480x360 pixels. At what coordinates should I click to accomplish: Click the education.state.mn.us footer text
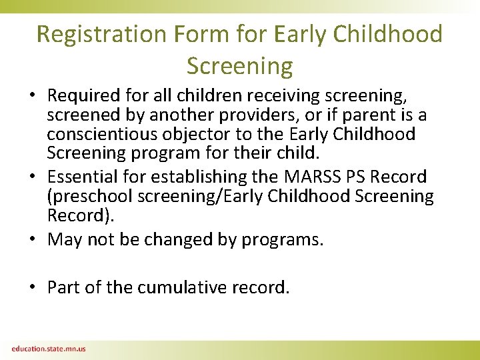tap(48, 349)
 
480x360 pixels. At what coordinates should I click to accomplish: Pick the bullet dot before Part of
tap(33, 288)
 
